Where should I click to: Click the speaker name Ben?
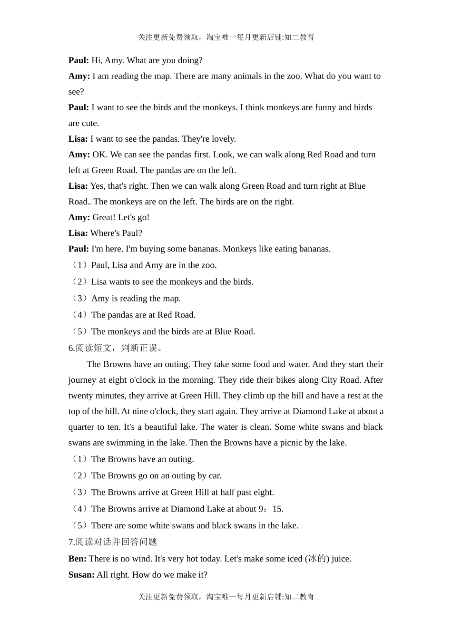click(x=78, y=559)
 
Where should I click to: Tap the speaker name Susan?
click(x=81, y=575)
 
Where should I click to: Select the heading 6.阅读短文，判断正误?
click(x=117, y=348)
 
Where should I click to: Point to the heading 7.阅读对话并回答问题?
click(x=113, y=542)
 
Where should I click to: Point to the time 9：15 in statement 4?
click(x=271, y=509)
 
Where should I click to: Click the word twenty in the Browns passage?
click(x=80, y=396)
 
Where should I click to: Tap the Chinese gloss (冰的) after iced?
click(x=317, y=559)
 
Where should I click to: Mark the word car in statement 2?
click(x=215, y=476)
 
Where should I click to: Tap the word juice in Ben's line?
click(x=341, y=559)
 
